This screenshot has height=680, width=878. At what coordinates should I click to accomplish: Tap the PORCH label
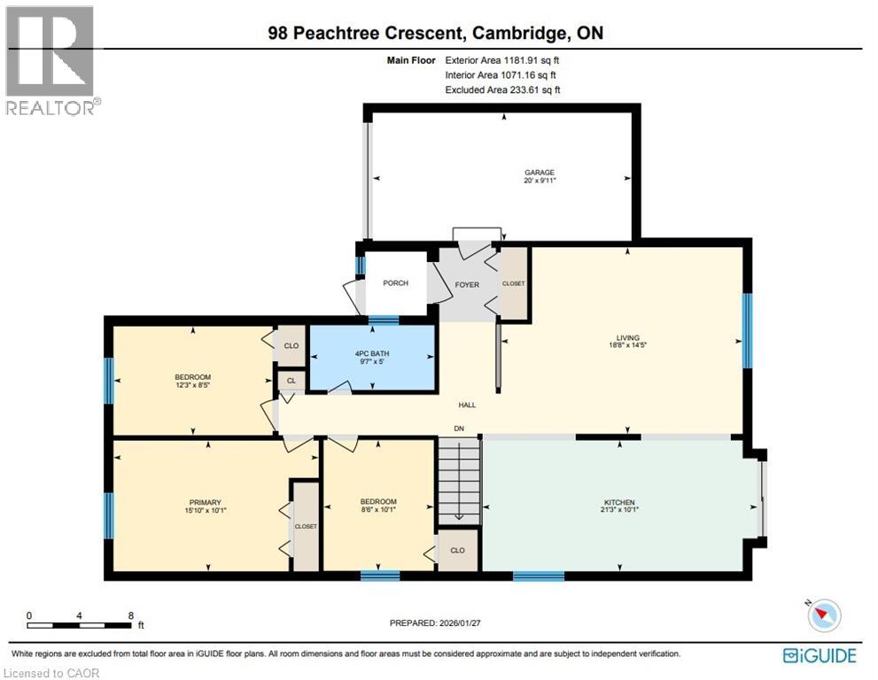point(395,283)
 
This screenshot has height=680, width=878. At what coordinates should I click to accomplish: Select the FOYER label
point(466,285)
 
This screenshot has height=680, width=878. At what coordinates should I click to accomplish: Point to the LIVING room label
point(627,336)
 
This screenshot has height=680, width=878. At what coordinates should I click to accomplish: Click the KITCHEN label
point(618,502)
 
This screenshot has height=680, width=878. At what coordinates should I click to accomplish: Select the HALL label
point(467,405)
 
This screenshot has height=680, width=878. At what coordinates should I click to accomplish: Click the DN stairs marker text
point(458,429)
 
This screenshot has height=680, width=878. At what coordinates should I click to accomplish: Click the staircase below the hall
point(459,483)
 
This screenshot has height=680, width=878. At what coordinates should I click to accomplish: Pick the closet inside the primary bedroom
point(306,526)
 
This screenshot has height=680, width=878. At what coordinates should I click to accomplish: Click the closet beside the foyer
point(513,283)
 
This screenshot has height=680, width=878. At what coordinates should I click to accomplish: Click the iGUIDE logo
point(820,656)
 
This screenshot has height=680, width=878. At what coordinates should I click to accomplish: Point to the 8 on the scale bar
point(130,615)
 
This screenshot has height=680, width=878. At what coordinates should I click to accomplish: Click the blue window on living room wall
point(747,329)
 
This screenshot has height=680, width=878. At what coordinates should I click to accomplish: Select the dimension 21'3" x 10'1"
point(618,510)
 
